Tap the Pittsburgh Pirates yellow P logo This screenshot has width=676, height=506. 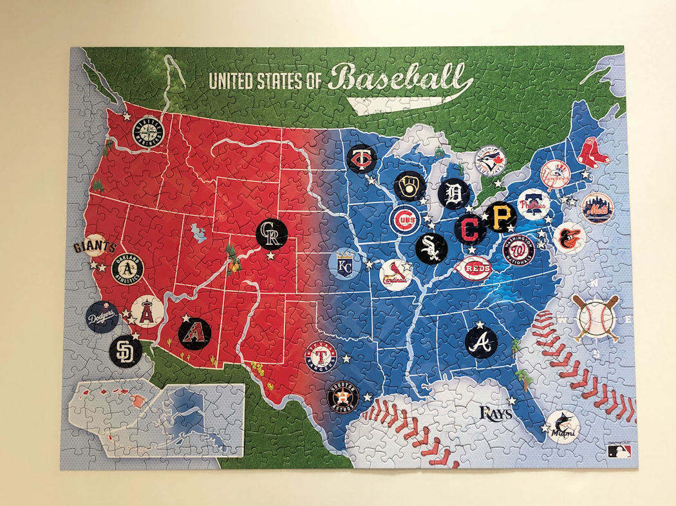(x=501, y=217)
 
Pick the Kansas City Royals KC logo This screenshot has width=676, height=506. (x=345, y=264)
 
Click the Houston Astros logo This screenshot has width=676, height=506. (x=343, y=396)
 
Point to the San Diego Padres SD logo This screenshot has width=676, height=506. (x=125, y=350)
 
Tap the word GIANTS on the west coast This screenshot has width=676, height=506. (x=95, y=247)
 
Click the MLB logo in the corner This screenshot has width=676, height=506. (x=617, y=451)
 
